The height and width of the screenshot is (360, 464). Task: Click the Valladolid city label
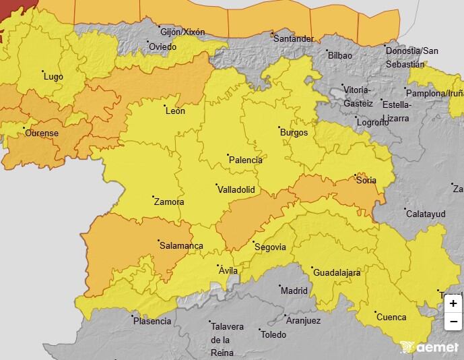click(236, 190)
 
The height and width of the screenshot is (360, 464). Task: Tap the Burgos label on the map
click(294, 133)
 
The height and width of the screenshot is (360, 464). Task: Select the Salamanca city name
click(181, 246)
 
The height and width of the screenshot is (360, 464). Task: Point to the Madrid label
click(294, 291)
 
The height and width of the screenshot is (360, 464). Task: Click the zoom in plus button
click(453, 304)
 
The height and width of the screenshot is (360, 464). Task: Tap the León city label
click(175, 111)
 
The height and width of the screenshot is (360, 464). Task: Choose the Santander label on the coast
click(293, 39)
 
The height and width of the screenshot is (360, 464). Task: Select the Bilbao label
click(339, 55)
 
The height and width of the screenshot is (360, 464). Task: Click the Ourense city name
click(42, 133)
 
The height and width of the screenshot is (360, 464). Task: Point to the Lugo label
click(53, 77)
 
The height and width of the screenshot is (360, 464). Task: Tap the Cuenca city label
click(391, 317)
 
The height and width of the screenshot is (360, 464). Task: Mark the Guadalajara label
click(337, 273)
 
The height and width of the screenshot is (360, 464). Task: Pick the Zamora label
click(169, 202)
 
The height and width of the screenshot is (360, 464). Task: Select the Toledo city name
click(273, 334)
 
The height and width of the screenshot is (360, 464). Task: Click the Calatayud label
click(426, 214)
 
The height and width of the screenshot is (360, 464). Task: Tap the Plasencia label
click(152, 322)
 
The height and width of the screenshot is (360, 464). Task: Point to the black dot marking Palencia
click(228, 155)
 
